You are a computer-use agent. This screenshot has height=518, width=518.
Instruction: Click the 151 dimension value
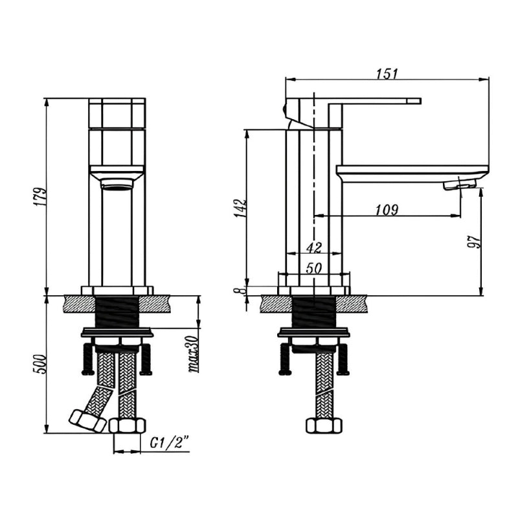point(387,73)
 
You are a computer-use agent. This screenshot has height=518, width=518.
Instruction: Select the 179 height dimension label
point(40,197)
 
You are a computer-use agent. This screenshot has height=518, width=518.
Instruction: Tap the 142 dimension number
point(240,208)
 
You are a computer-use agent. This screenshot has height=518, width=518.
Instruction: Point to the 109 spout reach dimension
point(387,210)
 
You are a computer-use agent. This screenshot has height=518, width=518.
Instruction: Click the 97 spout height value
point(475,242)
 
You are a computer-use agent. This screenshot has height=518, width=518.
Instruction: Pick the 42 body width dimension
point(314,247)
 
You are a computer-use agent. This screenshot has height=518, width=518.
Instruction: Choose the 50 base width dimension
point(313,269)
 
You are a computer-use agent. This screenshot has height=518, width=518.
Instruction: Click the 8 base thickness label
point(240,291)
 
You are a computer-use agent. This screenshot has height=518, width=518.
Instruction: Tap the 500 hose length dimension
point(39,364)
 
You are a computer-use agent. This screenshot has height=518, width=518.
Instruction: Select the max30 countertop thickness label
point(194,354)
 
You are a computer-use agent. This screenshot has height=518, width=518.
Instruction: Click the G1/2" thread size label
point(170,442)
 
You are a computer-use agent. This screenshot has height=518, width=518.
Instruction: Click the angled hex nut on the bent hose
point(87,421)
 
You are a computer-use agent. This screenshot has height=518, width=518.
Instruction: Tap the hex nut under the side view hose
point(323,425)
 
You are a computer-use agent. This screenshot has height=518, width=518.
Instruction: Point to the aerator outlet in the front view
point(117,183)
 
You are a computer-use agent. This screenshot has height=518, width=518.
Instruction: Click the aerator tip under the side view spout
point(459,185)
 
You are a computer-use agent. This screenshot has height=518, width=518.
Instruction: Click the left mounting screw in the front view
point(88,359)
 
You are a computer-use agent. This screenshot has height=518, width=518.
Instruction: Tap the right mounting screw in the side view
point(343,359)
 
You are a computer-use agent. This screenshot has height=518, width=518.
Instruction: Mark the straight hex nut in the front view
point(127,425)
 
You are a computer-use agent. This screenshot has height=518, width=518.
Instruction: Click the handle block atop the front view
point(117,113)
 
